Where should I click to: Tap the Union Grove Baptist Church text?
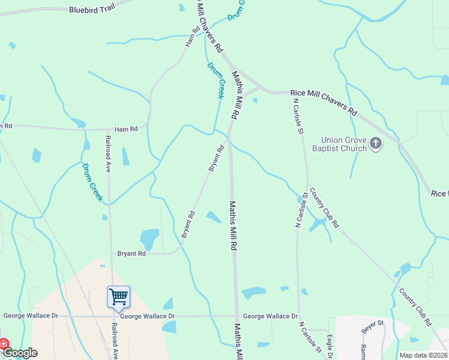(x=343, y=144)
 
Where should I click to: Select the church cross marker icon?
(x=376, y=143)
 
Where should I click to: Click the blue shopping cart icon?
(x=118, y=296)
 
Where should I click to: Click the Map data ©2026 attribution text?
(x=423, y=355)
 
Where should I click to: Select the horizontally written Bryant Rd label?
(x=131, y=254)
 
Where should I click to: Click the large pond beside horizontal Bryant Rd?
(x=149, y=239)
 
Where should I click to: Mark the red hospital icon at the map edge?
(x=3, y=344)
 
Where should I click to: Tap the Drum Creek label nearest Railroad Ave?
(x=92, y=182)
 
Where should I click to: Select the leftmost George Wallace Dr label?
(x=31, y=316)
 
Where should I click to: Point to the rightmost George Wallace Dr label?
(x=270, y=316)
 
